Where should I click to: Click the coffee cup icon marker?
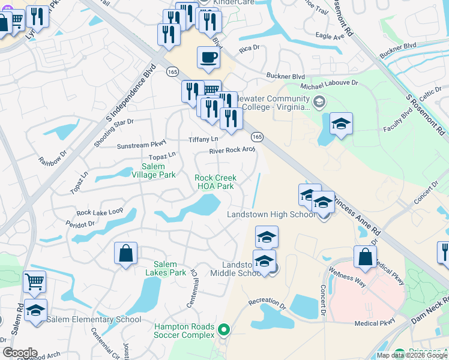[x=208, y=58]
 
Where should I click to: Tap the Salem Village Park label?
[x=158, y=170]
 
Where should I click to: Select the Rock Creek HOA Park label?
[x=215, y=182]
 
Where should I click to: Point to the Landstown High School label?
[x=271, y=215]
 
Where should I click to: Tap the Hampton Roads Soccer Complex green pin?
[x=224, y=329]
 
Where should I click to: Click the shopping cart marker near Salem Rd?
[x=34, y=281]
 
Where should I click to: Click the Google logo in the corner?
[x=20, y=353]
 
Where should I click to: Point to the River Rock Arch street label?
[x=232, y=151]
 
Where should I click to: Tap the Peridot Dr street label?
[x=82, y=223]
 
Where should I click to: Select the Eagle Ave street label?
[x=330, y=37]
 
